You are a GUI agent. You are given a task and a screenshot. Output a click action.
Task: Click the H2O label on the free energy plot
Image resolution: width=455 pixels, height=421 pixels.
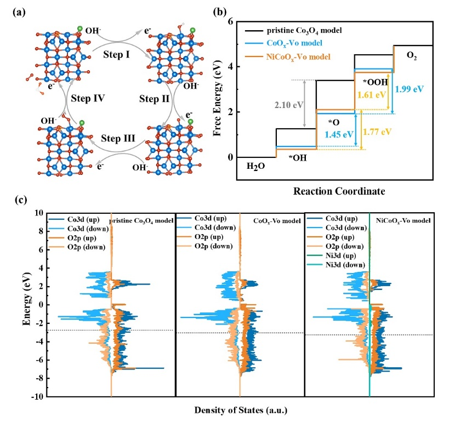[x=256, y=166]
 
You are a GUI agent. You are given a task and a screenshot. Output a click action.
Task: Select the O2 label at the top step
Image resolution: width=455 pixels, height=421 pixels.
[x=411, y=56]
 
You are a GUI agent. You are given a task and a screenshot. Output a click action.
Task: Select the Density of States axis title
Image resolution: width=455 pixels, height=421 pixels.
[x=241, y=409]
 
